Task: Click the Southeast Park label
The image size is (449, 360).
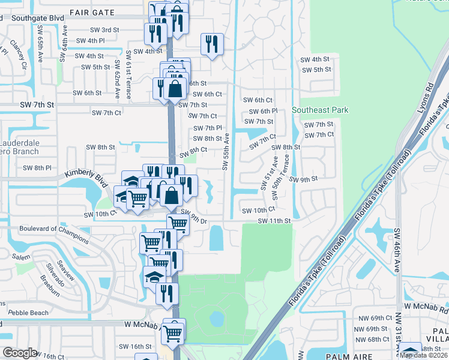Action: pos(320,110)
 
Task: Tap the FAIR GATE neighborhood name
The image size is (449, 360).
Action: pos(92,12)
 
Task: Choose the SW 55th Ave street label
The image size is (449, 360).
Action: pos(226,152)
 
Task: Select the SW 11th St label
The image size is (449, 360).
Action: pos(274,221)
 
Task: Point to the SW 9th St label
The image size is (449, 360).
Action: pos(303,179)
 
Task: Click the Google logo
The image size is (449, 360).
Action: pos(20,352)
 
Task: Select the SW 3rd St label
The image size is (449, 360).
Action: pos(104,30)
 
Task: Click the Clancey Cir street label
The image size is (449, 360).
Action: pos(18,55)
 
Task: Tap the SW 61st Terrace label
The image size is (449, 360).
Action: pos(128,75)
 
